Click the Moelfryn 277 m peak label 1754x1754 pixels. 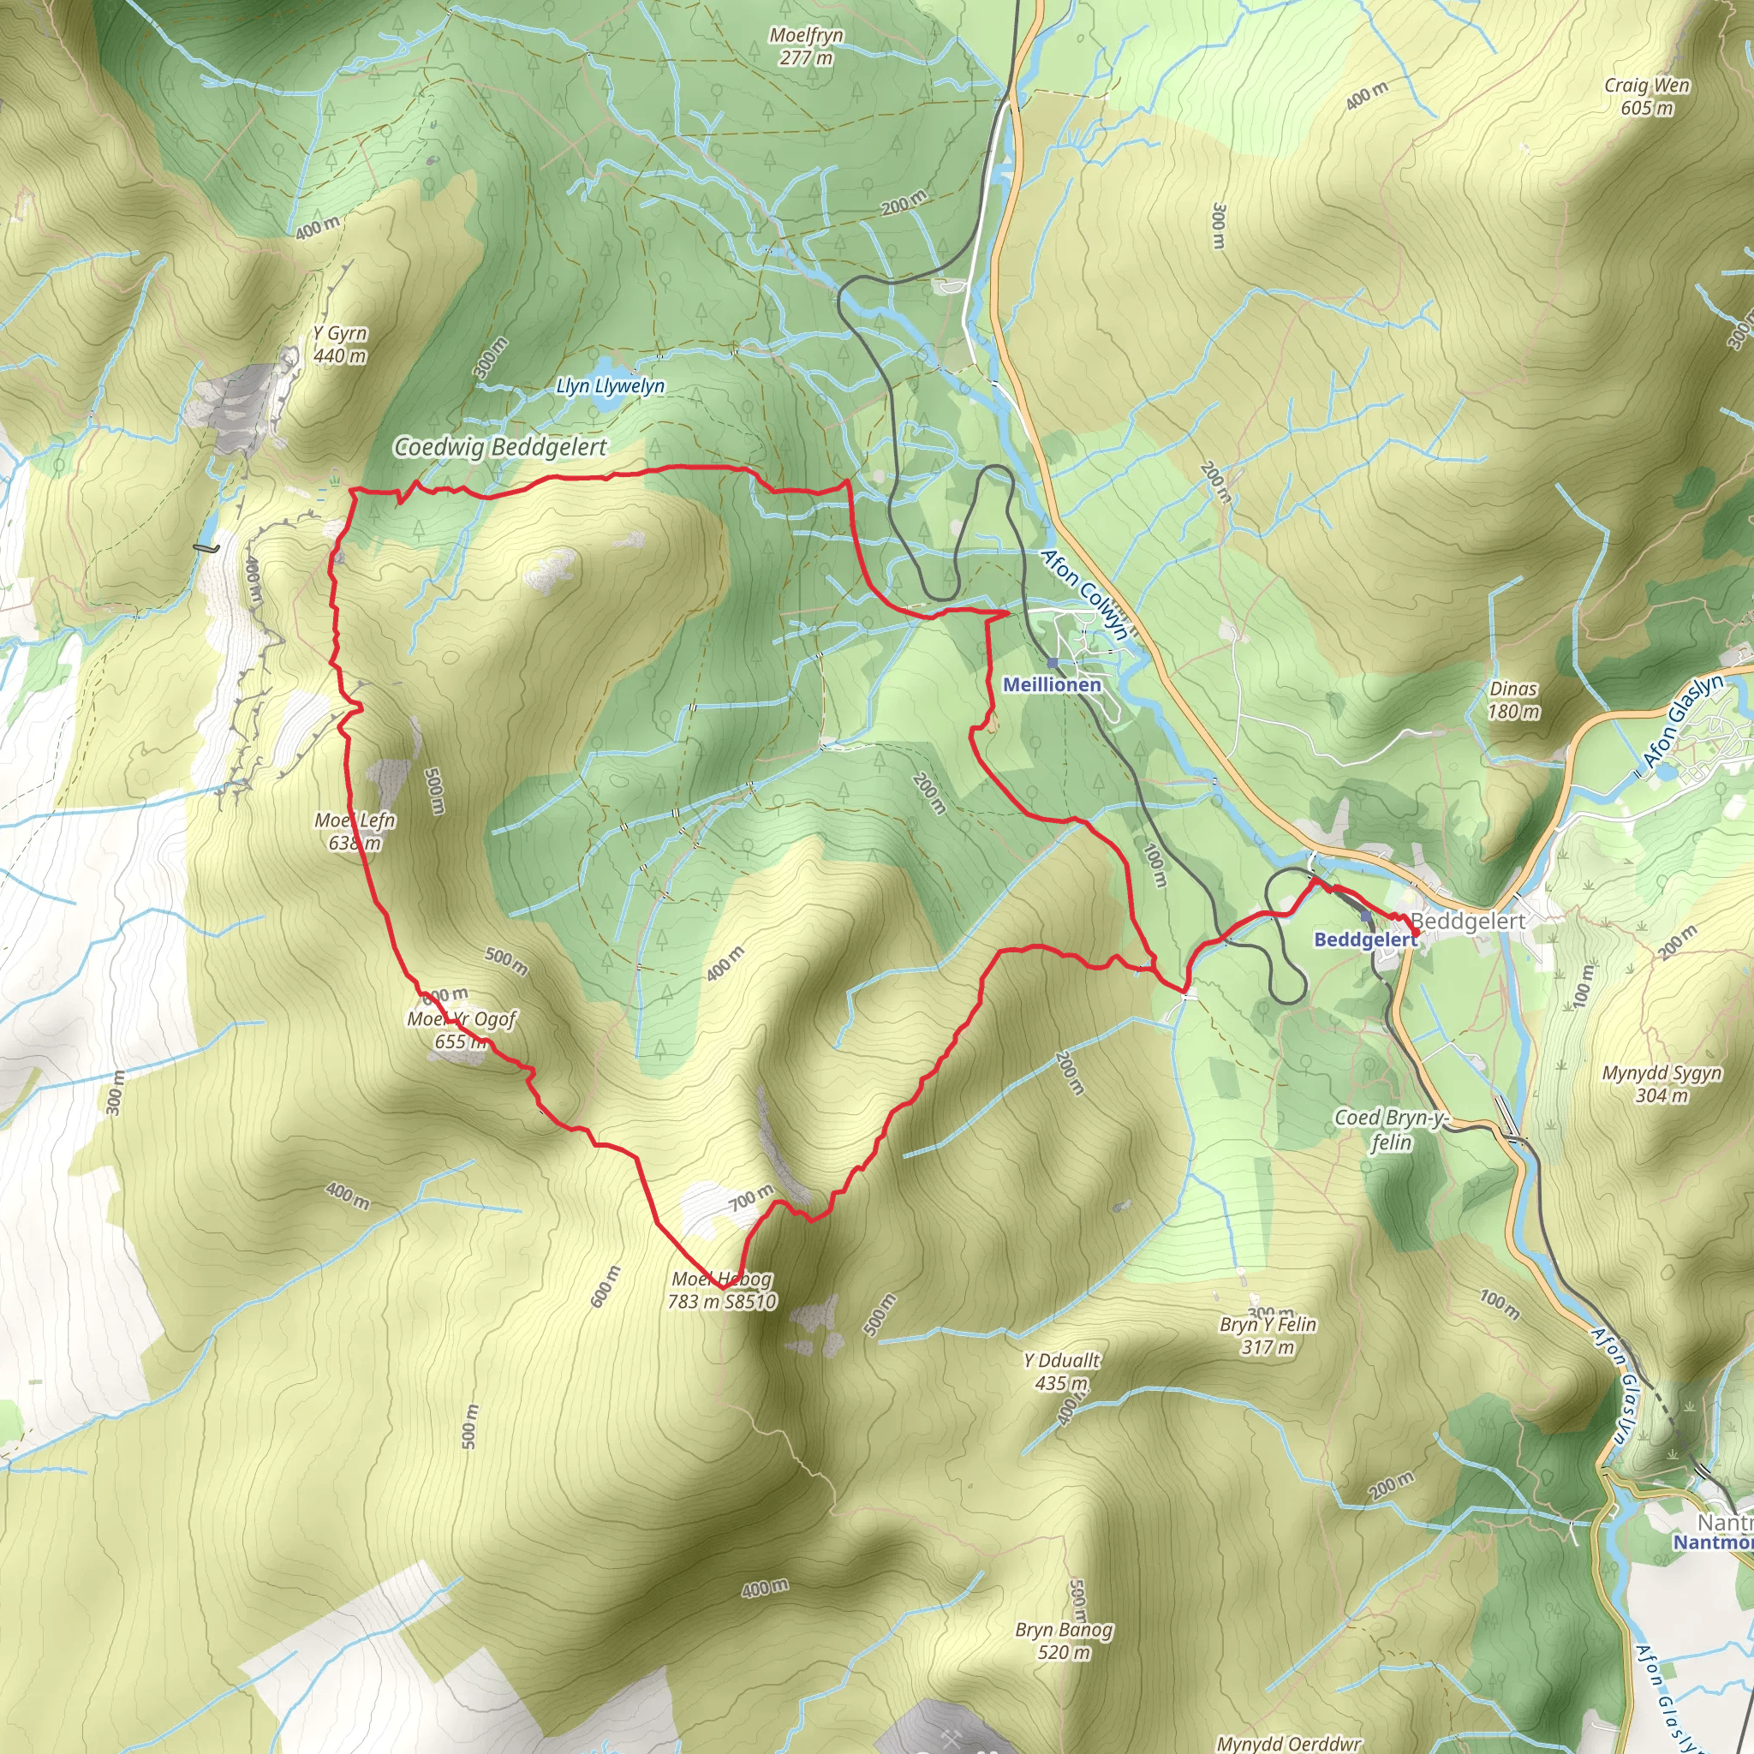click(806, 46)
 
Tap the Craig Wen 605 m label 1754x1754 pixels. click(1647, 96)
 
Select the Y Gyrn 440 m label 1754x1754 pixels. click(341, 344)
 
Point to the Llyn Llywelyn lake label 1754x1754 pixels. click(610, 387)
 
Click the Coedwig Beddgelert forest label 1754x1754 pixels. click(500, 447)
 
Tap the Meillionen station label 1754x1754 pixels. click(1052, 684)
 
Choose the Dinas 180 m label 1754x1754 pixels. click(1513, 700)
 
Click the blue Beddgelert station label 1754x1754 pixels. click(1364, 940)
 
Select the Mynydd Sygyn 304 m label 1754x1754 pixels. click(1662, 1084)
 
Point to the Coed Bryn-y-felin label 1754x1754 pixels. click(1390, 1130)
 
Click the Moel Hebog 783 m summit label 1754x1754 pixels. click(722, 1290)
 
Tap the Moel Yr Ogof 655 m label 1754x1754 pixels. click(462, 1029)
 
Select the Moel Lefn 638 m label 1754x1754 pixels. click(355, 832)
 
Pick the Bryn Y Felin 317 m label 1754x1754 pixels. click(1268, 1335)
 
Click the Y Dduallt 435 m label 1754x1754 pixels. click(1061, 1372)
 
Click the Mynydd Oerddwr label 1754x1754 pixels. click(1288, 1743)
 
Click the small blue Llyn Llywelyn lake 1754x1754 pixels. click(602, 406)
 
